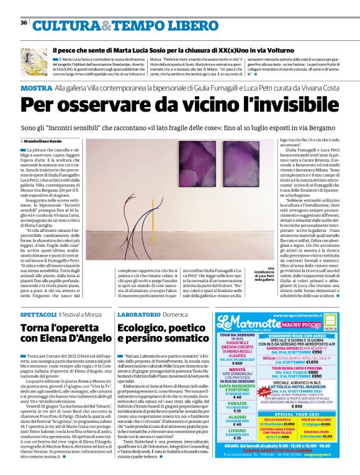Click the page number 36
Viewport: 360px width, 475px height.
click(x=23, y=23)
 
